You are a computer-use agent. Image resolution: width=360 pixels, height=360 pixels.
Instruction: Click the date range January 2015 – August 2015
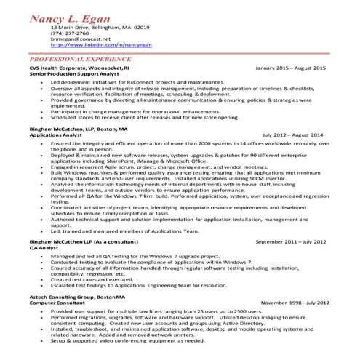tap(291, 66)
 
